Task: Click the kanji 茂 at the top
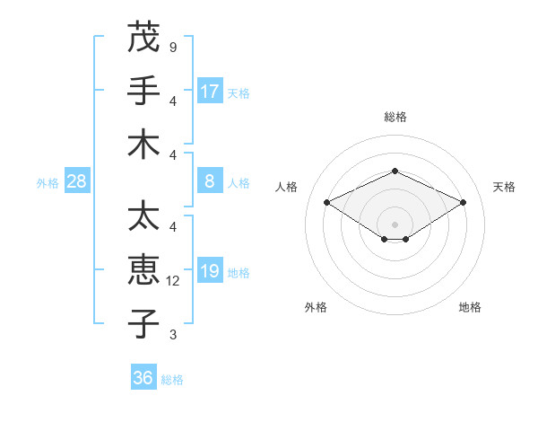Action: pyautogui.click(x=143, y=38)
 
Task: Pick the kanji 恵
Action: pyautogui.click(x=143, y=271)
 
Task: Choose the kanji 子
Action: pyautogui.click(x=143, y=324)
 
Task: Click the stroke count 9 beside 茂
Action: pyautogui.click(x=172, y=48)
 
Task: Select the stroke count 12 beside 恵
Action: pyautogui.click(x=174, y=281)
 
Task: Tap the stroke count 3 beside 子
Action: pyautogui.click(x=172, y=335)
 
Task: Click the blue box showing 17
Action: pyautogui.click(x=210, y=92)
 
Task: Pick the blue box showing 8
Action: pyautogui.click(x=210, y=181)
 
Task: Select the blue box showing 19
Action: pyautogui.click(x=210, y=271)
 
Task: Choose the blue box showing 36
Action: pyautogui.click(x=143, y=378)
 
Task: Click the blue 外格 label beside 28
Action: pyautogui.click(x=48, y=183)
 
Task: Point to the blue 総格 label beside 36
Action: pyautogui.click(x=172, y=380)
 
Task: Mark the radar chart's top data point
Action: pyautogui.click(x=395, y=171)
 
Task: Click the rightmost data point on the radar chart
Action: pyautogui.click(x=463, y=202)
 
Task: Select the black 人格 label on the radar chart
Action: pyautogui.click(x=287, y=187)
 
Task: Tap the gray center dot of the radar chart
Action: pyautogui.click(x=395, y=224)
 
